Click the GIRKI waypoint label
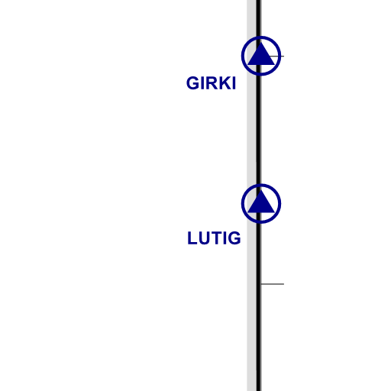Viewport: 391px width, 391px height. [x=211, y=83]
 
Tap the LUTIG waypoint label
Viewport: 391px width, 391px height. [x=214, y=238]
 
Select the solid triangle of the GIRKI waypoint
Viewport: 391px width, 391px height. [x=261, y=54]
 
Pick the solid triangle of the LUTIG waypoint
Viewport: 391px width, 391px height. [x=261, y=202]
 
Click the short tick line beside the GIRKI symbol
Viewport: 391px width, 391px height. [x=276, y=56]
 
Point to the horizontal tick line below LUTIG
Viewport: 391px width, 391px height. [x=273, y=284]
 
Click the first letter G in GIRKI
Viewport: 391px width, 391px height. [x=193, y=83]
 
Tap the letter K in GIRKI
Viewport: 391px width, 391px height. [x=225, y=83]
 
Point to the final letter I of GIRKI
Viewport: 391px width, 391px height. [x=234, y=83]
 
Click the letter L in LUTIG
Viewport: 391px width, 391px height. [x=192, y=238]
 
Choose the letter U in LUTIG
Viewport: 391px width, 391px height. [x=204, y=238]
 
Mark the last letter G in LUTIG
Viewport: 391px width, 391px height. [x=234, y=238]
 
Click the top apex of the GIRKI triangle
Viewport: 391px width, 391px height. [x=261, y=43]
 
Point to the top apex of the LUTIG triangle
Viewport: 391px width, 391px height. [x=261, y=190]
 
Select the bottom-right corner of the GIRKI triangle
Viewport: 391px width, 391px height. [x=275, y=65]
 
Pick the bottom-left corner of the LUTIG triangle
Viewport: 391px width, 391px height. [x=247, y=212]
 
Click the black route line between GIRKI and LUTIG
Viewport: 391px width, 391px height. [x=259, y=130]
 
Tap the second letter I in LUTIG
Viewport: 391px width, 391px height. [x=225, y=238]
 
